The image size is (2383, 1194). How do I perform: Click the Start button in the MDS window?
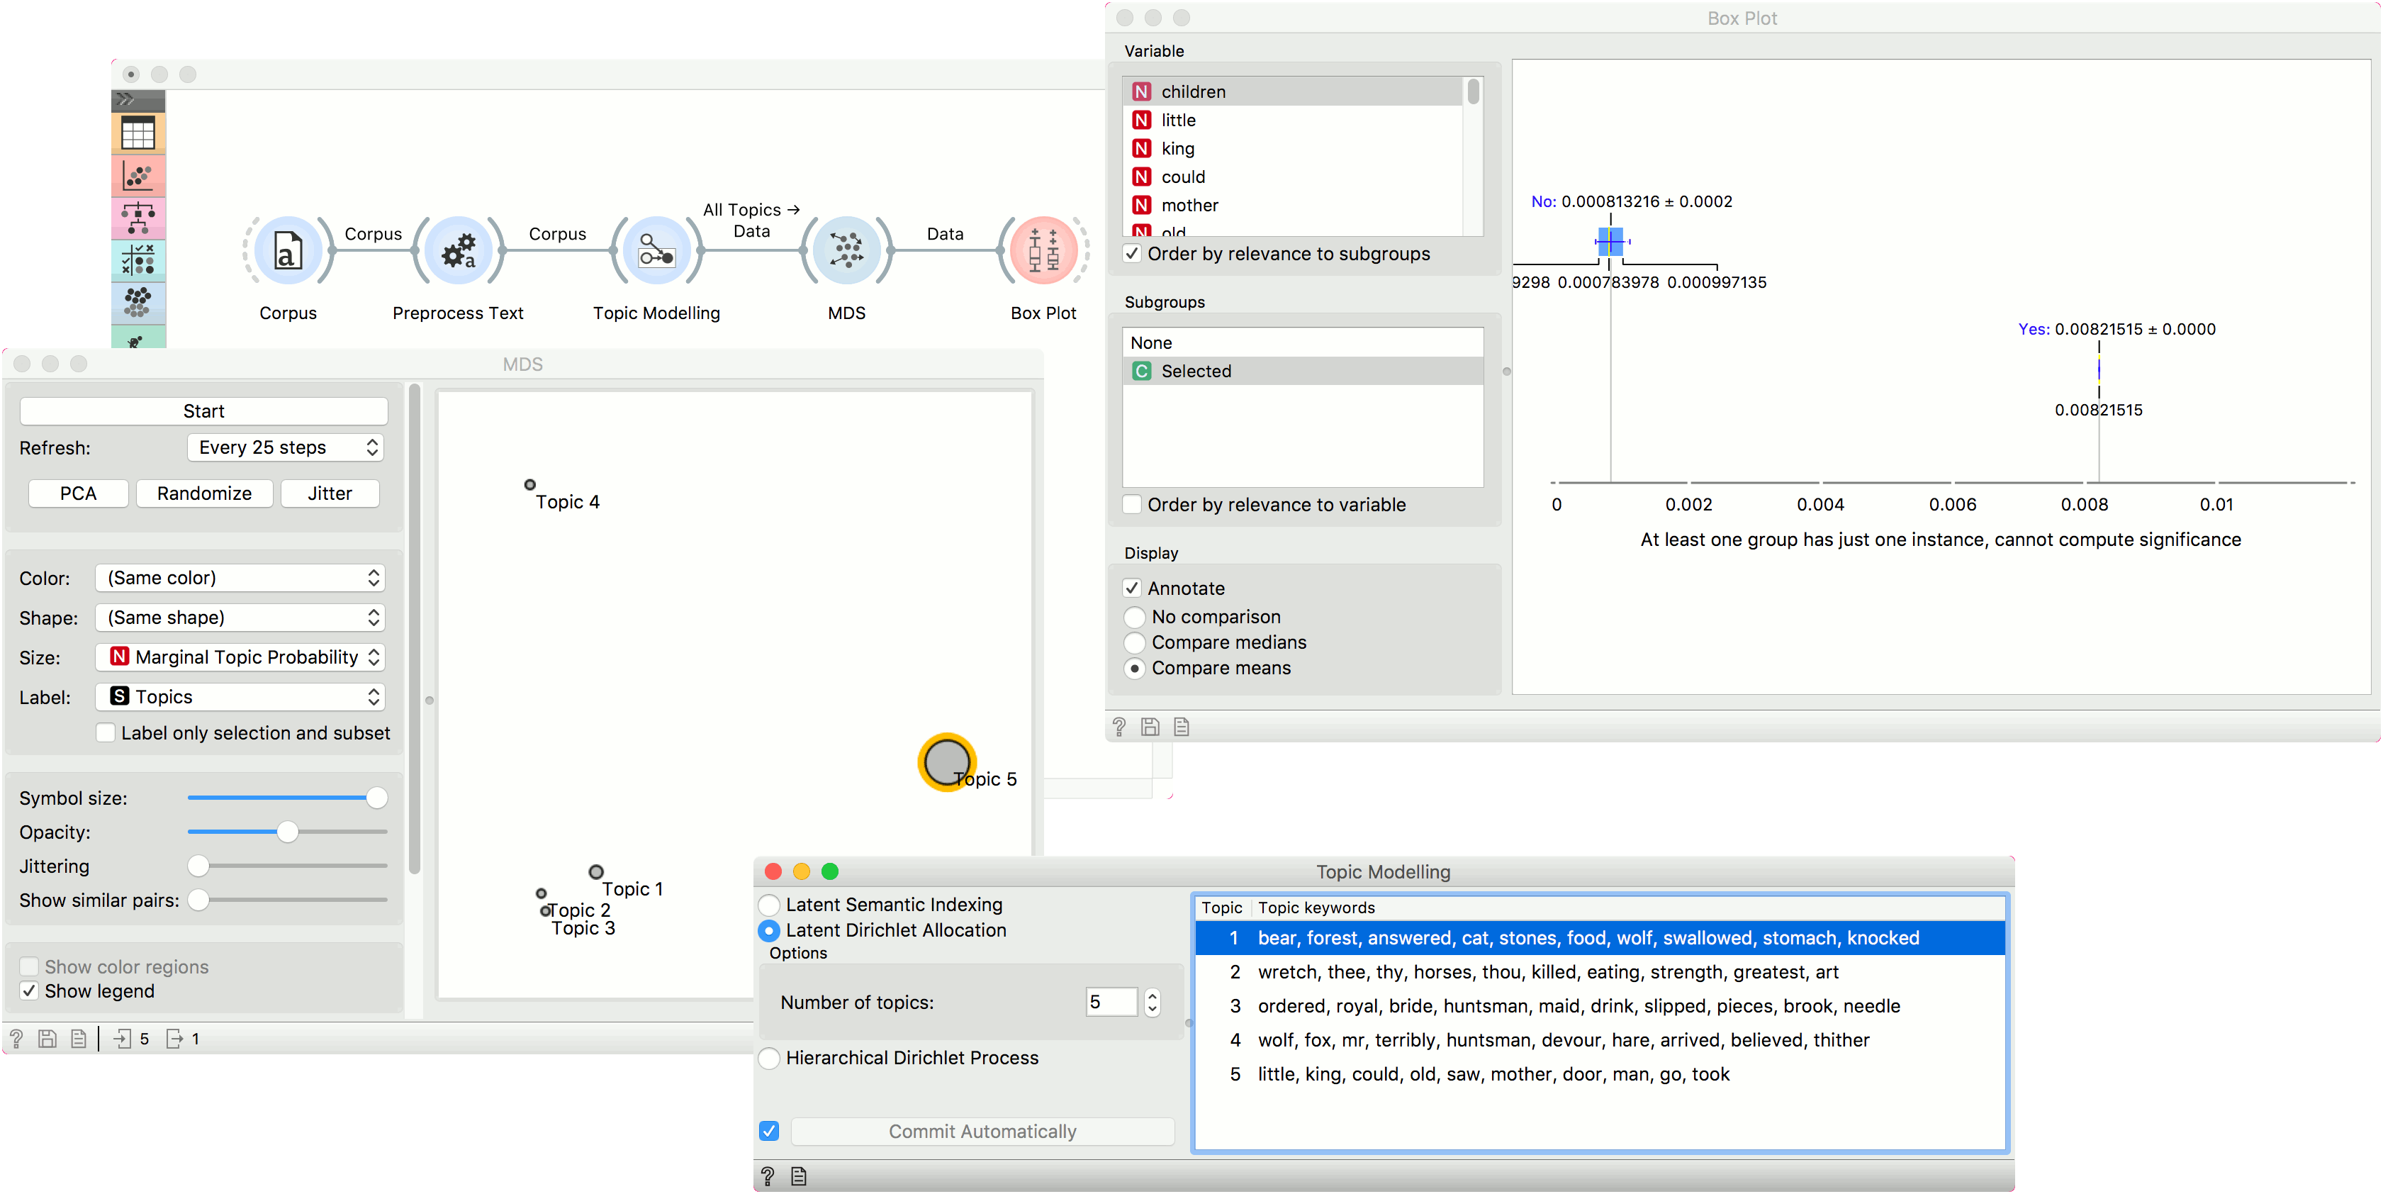coord(203,411)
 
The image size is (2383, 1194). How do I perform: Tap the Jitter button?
coord(330,493)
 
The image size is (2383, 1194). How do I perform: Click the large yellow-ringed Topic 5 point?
coord(946,761)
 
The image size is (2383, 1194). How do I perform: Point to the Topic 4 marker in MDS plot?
coord(530,484)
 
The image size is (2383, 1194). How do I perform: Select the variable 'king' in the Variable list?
coord(1177,148)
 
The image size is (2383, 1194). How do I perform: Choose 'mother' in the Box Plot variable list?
coord(1189,204)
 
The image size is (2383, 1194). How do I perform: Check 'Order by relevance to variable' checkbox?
coord(1132,504)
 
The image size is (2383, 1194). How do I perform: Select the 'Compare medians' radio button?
coord(1135,642)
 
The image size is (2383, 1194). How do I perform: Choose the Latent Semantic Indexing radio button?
coord(769,904)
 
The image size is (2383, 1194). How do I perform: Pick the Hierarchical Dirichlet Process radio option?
coord(769,1058)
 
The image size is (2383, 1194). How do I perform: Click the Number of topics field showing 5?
coord(1110,1003)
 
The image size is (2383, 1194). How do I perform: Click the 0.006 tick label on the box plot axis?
coord(1952,504)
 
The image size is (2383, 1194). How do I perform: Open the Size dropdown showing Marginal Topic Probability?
coord(240,657)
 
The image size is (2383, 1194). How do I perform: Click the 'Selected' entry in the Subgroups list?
coord(1196,371)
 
